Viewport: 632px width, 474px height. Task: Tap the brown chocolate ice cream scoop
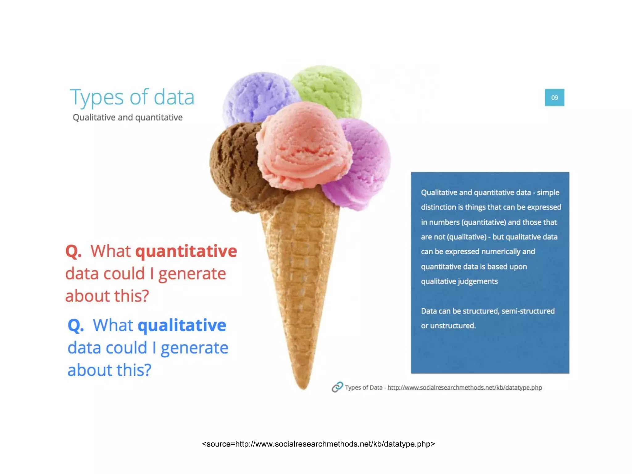pyautogui.click(x=235, y=167)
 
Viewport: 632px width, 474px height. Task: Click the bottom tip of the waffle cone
pyautogui.click(x=303, y=386)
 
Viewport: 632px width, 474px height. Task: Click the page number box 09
pyautogui.click(x=554, y=98)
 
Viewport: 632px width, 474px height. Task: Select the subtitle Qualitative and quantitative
pyautogui.click(x=127, y=118)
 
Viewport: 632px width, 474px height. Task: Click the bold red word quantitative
pyautogui.click(x=186, y=251)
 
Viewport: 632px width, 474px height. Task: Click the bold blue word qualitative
pyautogui.click(x=182, y=325)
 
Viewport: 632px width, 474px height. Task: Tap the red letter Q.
pyautogui.click(x=73, y=251)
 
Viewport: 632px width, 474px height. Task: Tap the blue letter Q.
pyautogui.click(x=75, y=325)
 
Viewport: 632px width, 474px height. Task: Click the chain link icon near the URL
pyautogui.click(x=337, y=387)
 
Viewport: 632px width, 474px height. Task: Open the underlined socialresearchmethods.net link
pyautogui.click(x=464, y=388)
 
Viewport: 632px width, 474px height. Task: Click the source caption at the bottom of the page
pyautogui.click(x=318, y=444)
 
